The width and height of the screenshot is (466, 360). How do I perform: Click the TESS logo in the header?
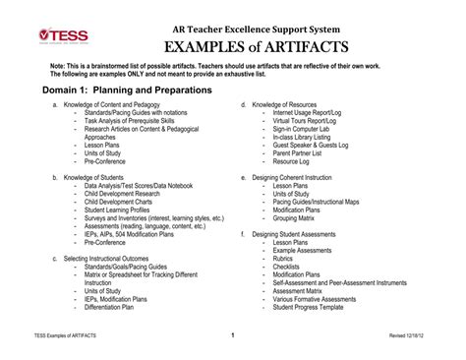[63, 35]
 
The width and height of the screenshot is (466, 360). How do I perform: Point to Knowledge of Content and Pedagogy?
[105, 103]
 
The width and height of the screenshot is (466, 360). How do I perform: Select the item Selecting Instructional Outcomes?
[108, 258]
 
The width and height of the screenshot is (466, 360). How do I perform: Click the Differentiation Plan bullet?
[109, 307]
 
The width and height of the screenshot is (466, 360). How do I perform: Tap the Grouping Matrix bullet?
[300, 217]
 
